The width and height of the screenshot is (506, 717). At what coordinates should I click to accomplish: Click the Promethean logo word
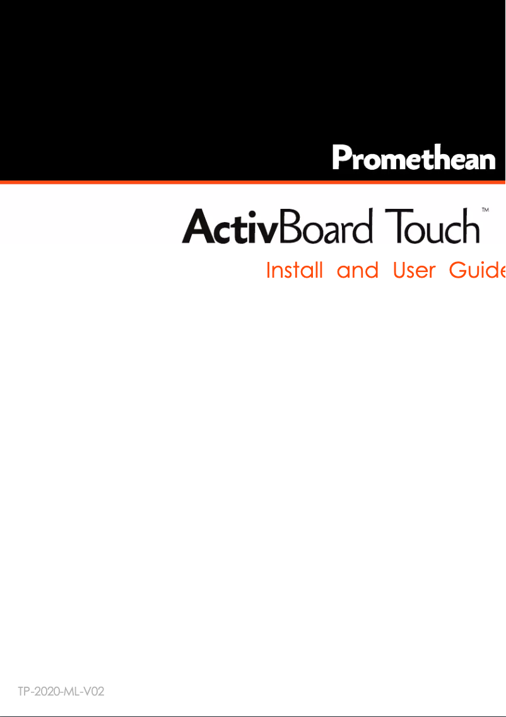[x=414, y=158]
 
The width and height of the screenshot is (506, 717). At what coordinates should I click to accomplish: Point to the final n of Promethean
[x=486, y=160]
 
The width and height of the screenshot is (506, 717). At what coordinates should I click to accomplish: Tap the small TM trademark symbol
[x=486, y=209]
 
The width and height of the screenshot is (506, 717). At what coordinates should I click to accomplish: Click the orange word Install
[x=294, y=271]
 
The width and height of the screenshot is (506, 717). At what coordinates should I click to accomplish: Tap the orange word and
[x=357, y=271]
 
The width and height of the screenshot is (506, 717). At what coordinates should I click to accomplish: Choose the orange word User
[x=414, y=271]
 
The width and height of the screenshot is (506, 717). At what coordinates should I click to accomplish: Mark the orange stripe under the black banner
[x=252, y=182]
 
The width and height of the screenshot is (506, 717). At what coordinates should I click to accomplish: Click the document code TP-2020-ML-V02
[x=61, y=692]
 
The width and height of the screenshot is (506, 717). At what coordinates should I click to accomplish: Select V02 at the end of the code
[x=93, y=692]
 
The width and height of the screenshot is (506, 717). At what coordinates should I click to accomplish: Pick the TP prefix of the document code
[x=23, y=692]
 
